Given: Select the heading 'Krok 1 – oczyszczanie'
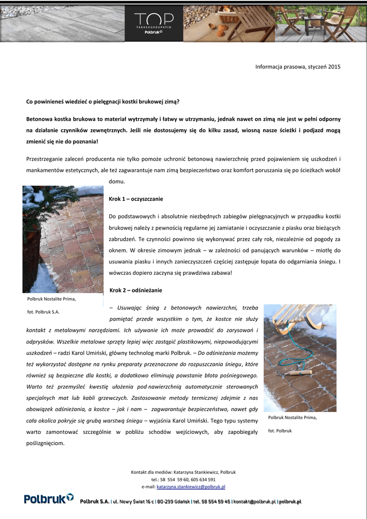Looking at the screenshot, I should click(136, 199).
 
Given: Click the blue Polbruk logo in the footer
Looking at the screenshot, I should click(49, 499).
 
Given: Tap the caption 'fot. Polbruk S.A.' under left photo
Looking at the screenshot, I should click(43, 312).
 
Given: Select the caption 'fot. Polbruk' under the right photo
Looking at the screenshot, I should click(280, 430).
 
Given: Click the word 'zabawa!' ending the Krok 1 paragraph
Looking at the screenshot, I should click(221, 273).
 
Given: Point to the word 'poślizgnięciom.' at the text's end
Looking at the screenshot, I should click(45, 443).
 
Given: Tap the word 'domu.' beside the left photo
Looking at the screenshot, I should click(117, 181).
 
